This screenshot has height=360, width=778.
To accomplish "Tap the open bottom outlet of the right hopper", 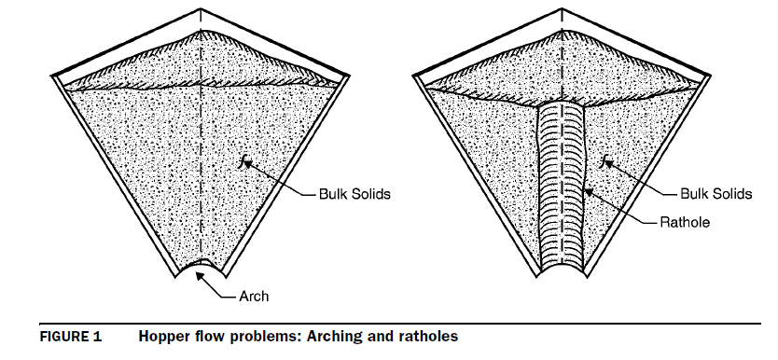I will click(565, 273).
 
